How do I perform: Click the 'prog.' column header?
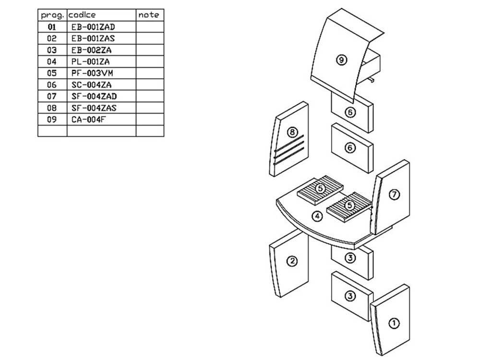[x=52, y=15]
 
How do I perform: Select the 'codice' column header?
[x=83, y=15]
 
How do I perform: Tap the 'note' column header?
[x=148, y=15]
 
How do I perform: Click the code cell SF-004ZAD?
[x=94, y=96]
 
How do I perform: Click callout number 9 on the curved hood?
[x=341, y=60]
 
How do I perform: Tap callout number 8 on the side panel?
[x=292, y=131]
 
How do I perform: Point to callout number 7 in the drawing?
[x=394, y=194]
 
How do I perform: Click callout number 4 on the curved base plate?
[x=317, y=216]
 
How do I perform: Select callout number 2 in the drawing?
[x=291, y=261]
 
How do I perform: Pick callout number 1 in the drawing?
[x=394, y=323]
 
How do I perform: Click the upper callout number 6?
[x=350, y=112]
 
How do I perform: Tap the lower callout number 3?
[x=350, y=296]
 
